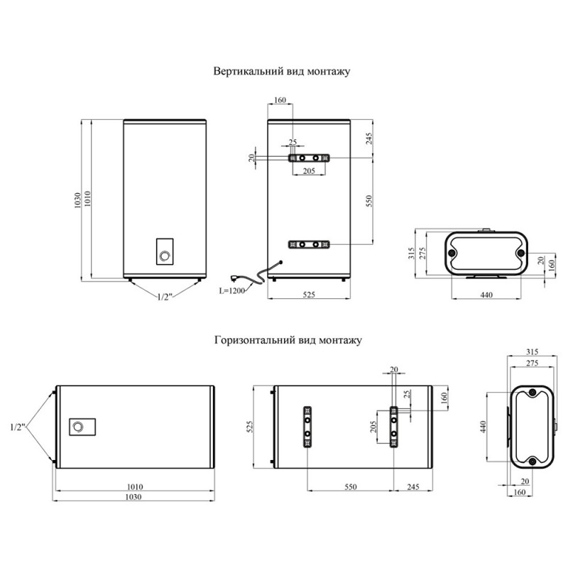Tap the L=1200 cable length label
click(x=232, y=290)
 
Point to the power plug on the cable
click(x=235, y=278)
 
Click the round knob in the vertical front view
click(x=165, y=256)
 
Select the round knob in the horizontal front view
click(x=78, y=427)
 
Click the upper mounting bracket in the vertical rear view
click(x=309, y=158)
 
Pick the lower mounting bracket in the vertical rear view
click(x=309, y=244)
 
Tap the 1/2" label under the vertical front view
click(x=164, y=297)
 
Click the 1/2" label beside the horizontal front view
click(x=17, y=427)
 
